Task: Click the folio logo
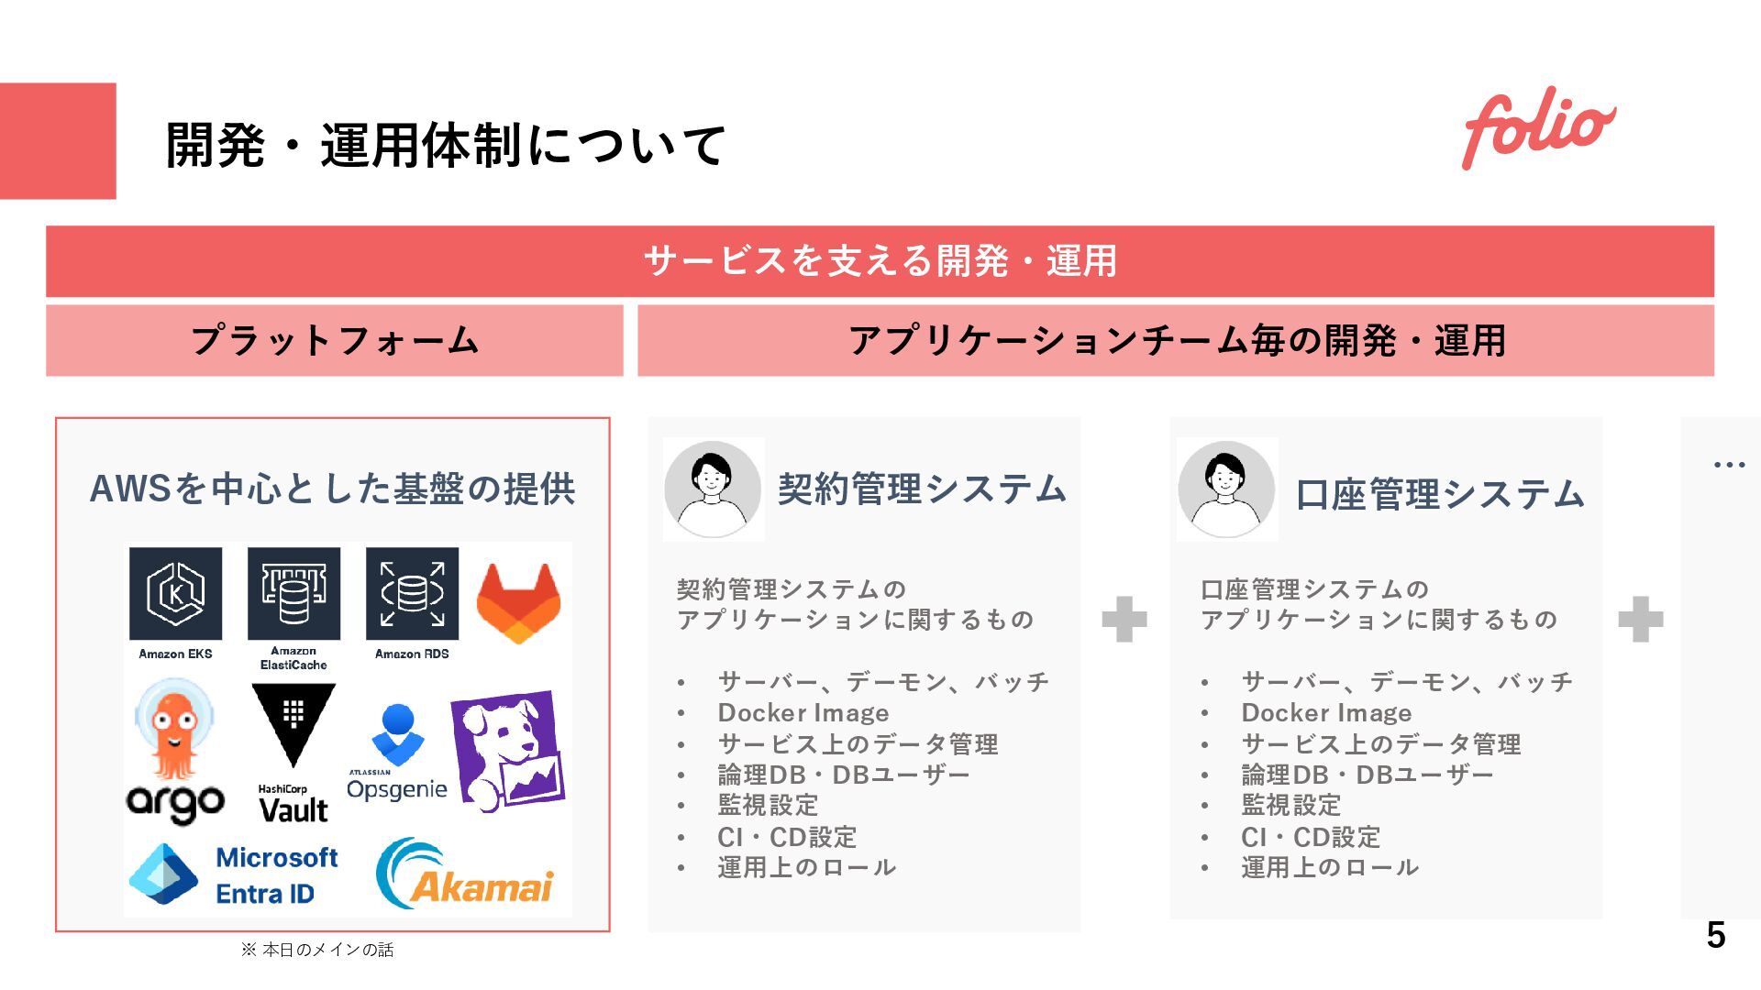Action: [x=1538, y=128]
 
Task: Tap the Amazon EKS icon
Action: [x=175, y=593]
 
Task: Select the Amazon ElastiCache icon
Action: [x=293, y=593]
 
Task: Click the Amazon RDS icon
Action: [x=412, y=593]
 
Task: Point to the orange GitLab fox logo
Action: [x=518, y=602]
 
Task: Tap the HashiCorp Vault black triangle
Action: [x=293, y=724]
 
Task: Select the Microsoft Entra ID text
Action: [x=276, y=875]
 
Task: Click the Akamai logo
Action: [x=465, y=874]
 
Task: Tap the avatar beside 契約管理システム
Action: [x=713, y=489]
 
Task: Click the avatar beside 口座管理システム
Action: [x=1226, y=489]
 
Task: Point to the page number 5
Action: [x=1715, y=935]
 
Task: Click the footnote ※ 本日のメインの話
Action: [x=317, y=950]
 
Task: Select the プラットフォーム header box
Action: [x=335, y=340]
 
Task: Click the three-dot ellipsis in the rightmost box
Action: [x=1729, y=465]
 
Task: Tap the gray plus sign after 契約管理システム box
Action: [x=1124, y=619]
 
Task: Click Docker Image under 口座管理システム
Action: [x=1326, y=712]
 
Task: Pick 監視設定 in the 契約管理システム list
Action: [x=768, y=805]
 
